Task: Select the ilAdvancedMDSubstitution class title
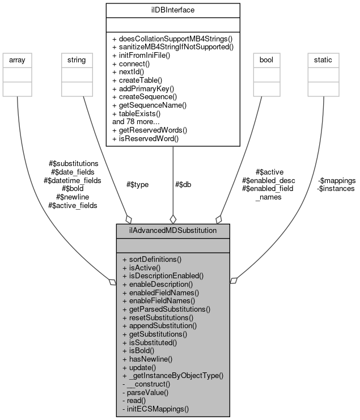tap(173, 231)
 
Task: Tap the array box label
tap(18, 59)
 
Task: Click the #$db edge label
tap(183, 184)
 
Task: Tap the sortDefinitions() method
tap(151, 259)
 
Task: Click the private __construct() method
tap(149, 384)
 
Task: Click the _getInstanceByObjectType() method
tap(173, 375)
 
